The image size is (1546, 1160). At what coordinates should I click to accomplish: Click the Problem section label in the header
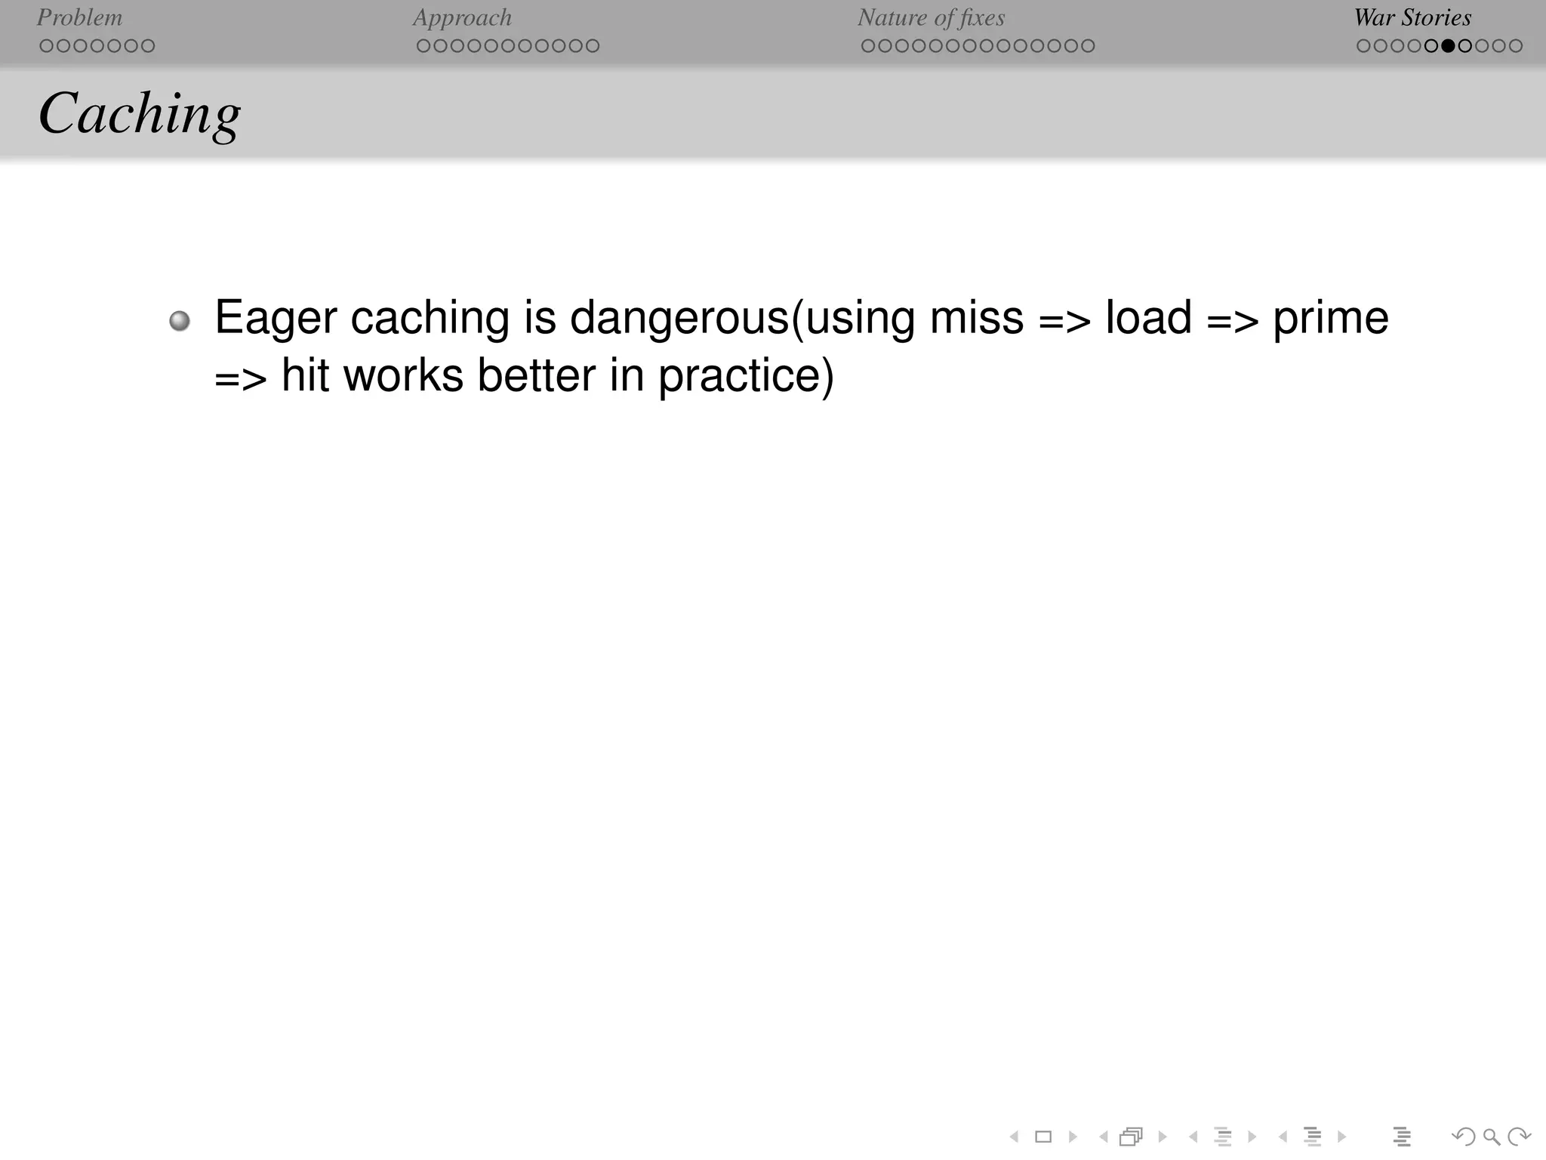(79, 17)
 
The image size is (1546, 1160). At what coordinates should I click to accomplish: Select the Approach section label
(462, 17)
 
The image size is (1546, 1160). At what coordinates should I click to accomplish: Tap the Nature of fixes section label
(931, 17)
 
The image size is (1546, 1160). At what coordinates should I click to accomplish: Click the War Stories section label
(1412, 17)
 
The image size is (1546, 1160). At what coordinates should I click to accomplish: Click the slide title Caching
(140, 114)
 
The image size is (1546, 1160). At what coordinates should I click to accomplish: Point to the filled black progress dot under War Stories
(1448, 46)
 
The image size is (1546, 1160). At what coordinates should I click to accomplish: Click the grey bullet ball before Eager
(180, 321)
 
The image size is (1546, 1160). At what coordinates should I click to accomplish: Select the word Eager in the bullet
(276, 318)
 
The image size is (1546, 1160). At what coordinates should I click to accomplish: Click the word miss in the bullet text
(976, 318)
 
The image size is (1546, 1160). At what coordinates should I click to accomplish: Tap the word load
(1149, 318)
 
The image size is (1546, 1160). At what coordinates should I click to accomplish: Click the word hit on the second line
(305, 375)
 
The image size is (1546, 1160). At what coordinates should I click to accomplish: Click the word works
(403, 375)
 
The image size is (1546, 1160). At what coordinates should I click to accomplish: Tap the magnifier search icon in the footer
(1491, 1137)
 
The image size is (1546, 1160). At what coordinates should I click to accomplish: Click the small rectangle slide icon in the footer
(1043, 1137)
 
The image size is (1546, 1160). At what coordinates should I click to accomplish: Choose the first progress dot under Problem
(46, 46)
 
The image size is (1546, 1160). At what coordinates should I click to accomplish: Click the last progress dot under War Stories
(1515, 46)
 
